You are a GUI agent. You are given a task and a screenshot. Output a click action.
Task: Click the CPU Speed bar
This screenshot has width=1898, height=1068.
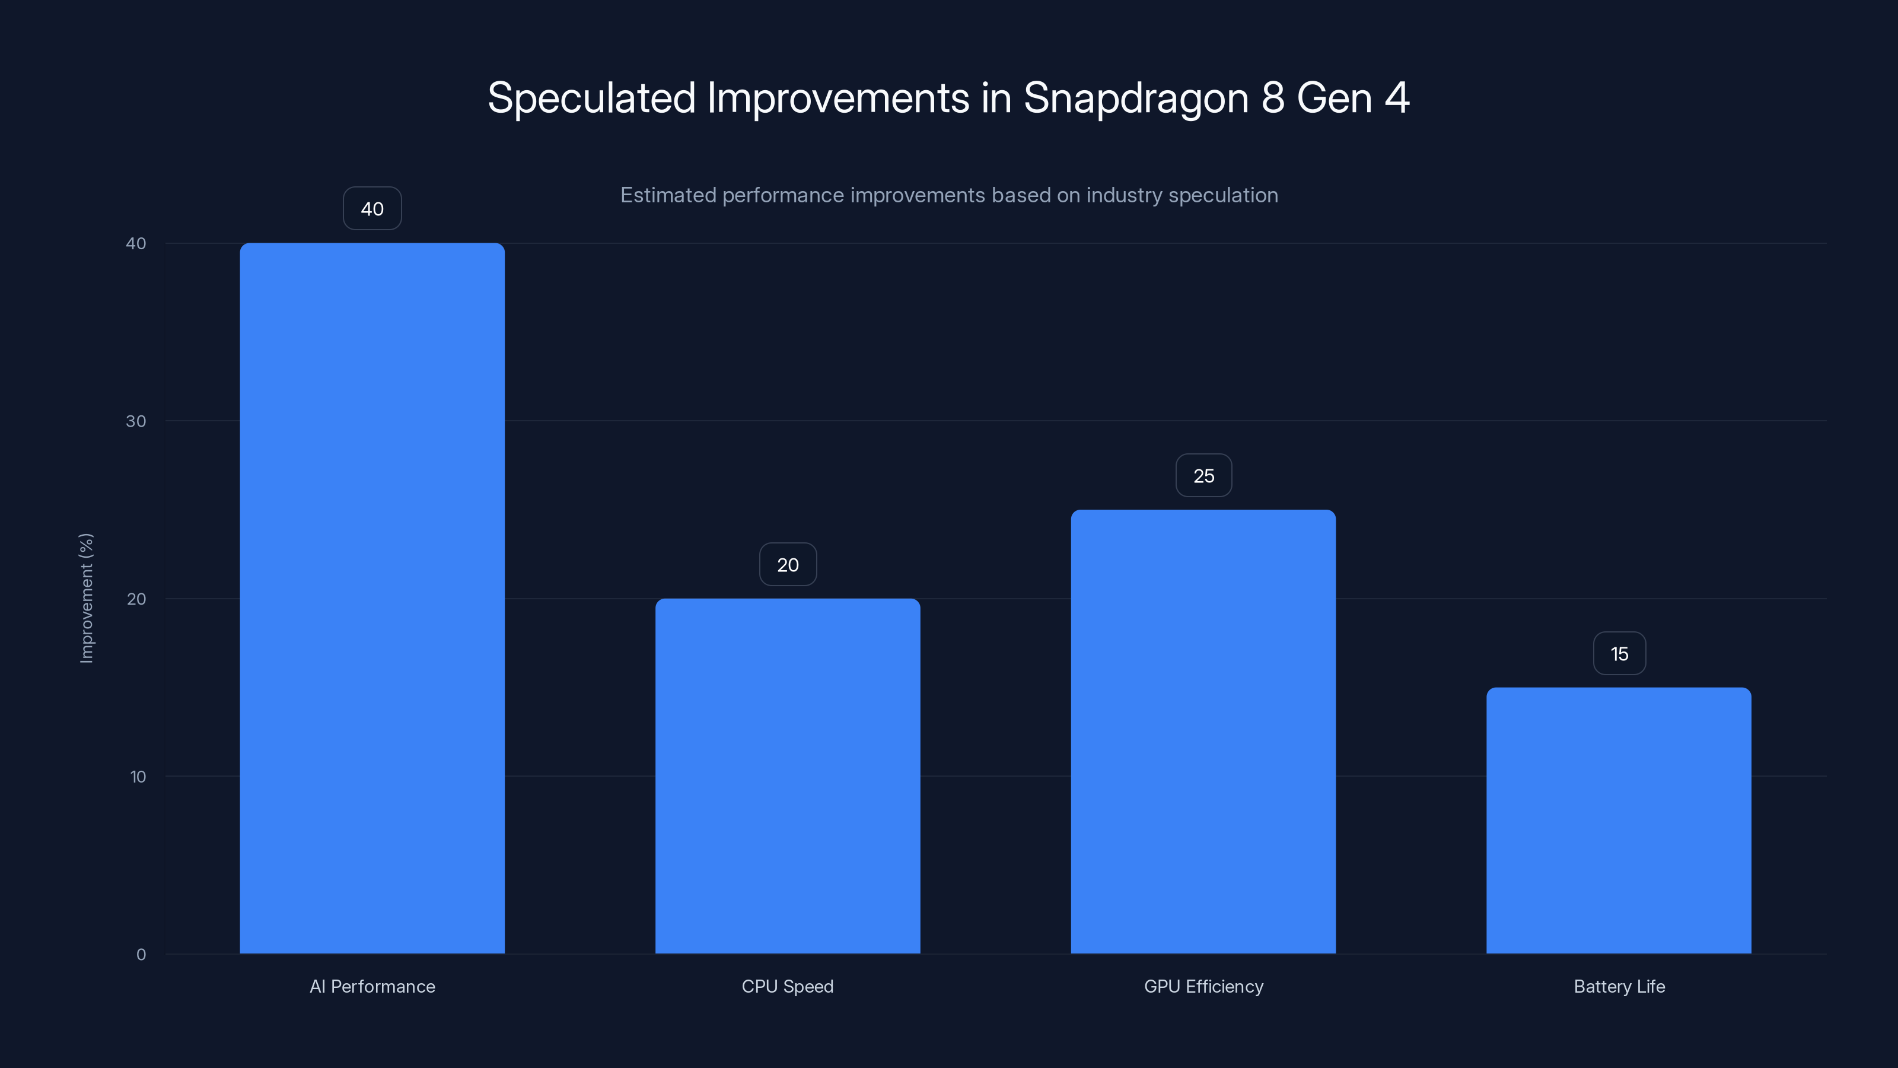click(x=788, y=775)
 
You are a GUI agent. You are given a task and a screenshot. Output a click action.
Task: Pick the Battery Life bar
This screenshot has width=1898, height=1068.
click(x=1619, y=821)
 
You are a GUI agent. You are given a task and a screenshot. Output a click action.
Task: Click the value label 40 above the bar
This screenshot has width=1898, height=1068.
click(x=372, y=209)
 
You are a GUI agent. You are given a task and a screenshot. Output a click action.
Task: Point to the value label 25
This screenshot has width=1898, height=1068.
click(x=1203, y=476)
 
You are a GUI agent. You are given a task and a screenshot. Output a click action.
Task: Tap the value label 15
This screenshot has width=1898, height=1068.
click(x=1619, y=654)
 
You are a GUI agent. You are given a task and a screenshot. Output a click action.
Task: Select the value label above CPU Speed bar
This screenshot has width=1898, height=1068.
click(x=788, y=565)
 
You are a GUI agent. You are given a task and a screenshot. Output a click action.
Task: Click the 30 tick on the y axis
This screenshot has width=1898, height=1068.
click(x=136, y=421)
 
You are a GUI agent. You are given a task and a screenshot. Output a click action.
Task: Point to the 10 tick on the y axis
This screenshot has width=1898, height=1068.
click(x=138, y=776)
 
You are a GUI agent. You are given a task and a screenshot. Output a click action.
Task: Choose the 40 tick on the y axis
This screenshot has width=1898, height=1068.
click(x=136, y=243)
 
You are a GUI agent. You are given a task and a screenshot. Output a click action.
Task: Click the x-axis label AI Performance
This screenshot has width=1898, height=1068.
click(x=372, y=986)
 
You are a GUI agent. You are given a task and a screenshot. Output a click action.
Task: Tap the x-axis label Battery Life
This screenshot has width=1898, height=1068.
click(x=1619, y=986)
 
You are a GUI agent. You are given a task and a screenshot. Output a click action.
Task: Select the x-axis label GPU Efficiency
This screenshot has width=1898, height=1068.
click(x=1203, y=986)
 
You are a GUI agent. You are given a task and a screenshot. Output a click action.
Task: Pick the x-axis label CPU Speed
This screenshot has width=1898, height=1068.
click(x=788, y=986)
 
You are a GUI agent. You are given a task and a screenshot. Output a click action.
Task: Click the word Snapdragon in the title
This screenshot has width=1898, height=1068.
click(x=1135, y=98)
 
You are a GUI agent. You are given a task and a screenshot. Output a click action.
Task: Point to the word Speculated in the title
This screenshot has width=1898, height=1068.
click(x=591, y=98)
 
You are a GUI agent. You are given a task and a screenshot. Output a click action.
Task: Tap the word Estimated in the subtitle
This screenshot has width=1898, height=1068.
click(x=667, y=195)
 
